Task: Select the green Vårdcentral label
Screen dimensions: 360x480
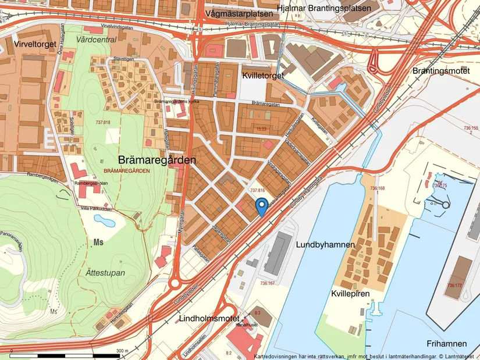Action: [x=96, y=40]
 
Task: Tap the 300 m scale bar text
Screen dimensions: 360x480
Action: [x=122, y=351]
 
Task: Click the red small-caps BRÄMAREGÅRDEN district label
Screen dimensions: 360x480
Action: [x=126, y=171]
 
